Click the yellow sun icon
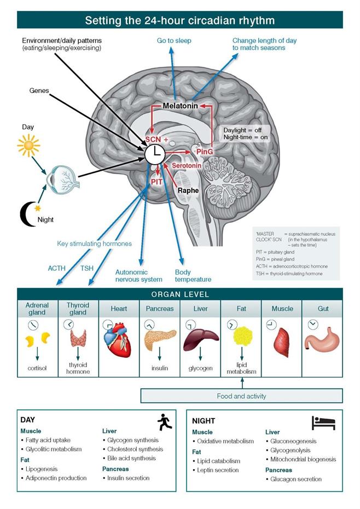pyautogui.click(x=28, y=146)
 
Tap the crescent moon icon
pyautogui.click(x=27, y=212)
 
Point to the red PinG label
pyautogui.click(x=205, y=151)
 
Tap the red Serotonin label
pyautogui.click(x=187, y=165)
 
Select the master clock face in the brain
pyautogui.click(x=155, y=154)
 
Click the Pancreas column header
pyautogui.click(x=159, y=309)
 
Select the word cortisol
pyautogui.click(x=38, y=368)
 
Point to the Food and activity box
pyautogui.click(x=241, y=396)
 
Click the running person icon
pyautogui.click(x=163, y=421)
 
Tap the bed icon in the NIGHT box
pyautogui.click(x=323, y=422)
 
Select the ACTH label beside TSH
pyautogui.click(x=56, y=268)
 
